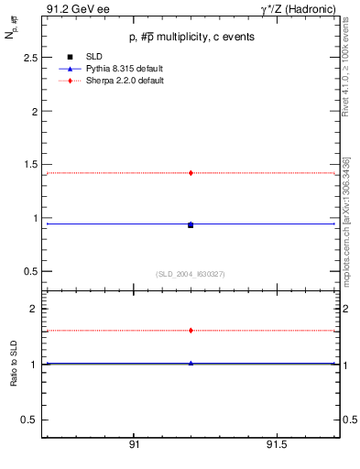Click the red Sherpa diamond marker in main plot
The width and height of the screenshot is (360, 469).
(x=191, y=172)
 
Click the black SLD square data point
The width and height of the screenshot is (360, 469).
(x=191, y=224)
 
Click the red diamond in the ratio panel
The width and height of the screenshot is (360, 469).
(x=191, y=331)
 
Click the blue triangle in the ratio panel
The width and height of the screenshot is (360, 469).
(x=191, y=363)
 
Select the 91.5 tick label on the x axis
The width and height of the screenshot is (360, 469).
(x=276, y=444)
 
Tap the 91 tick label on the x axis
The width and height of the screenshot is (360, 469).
(x=134, y=444)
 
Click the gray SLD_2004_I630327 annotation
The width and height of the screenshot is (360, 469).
(x=191, y=274)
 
